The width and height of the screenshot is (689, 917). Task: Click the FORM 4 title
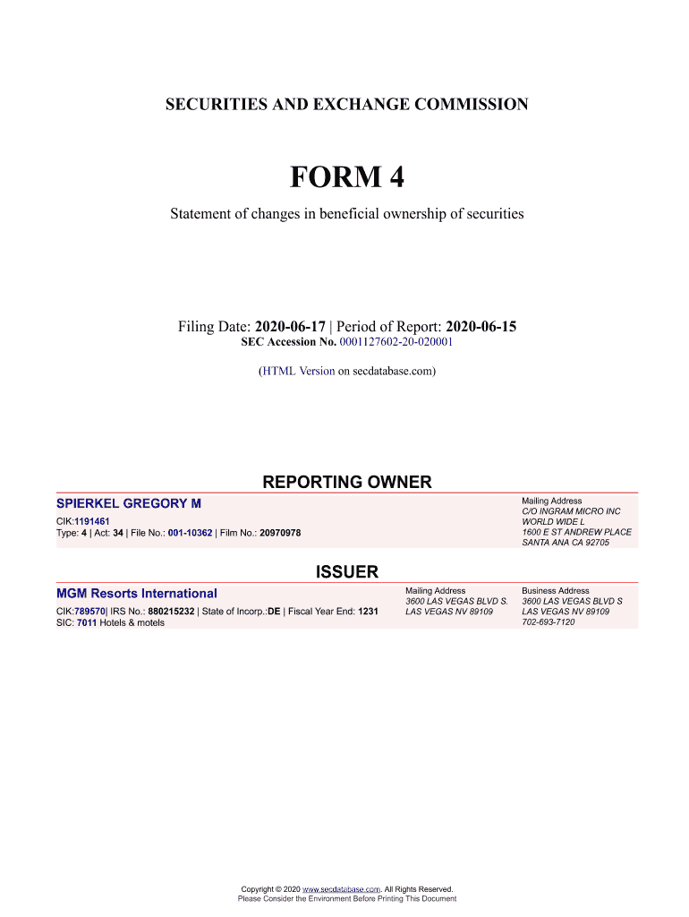[x=346, y=177]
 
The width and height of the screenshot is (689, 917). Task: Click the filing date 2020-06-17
[x=290, y=327]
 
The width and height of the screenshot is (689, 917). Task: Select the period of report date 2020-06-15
[x=481, y=327]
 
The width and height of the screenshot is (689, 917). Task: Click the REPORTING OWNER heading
[x=346, y=483]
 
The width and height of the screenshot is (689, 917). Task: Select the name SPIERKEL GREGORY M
[x=129, y=504]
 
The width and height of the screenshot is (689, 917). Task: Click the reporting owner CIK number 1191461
[x=92, y=520]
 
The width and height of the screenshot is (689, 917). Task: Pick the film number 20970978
[x=280, y=533]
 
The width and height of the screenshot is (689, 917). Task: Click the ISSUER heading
[x=347, y=572]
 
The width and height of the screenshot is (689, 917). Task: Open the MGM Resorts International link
[x=136, y=593]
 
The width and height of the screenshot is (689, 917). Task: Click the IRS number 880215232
[x=171, y=612]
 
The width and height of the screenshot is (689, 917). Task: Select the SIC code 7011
[x=87, y=622]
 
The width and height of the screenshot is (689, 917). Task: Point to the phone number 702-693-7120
[x=549, y=622]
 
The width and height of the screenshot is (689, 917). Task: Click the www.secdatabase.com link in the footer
[x=343, y=888]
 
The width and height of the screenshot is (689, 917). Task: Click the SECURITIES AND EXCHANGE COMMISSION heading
[x=346, y=105]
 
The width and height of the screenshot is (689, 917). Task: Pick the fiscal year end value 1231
[x=368, y=612]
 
